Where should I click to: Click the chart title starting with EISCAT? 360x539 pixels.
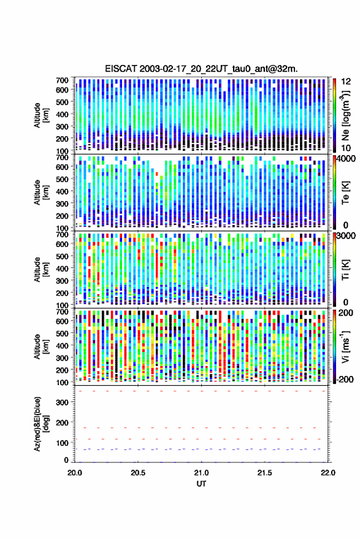[x=201, y=69]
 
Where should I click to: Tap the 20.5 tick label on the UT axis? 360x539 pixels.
[x=138, y=473]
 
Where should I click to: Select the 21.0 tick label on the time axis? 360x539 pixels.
[x=201, y=473]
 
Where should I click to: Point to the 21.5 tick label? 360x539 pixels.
[x=264, y=473]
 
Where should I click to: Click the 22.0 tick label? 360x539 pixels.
[x=327, y=473]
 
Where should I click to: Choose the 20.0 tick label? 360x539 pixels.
[x=75, y=473]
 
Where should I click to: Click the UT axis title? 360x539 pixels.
[x=201, y=484]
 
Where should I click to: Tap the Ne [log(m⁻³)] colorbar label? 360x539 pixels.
[x=345, y=115]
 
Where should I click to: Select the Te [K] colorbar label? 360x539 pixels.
[x=345, y=193]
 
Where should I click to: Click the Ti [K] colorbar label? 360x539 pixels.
[x=345, y=270]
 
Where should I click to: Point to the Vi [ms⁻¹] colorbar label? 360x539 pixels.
[x=345, y=346]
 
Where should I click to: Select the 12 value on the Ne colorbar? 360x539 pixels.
[x=347, y=82]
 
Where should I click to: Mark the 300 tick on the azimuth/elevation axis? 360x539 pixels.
[x=62, y=402]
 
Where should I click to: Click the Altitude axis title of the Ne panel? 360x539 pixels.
[x=41, y=115]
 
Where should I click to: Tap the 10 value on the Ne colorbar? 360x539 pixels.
[x=347, y=148]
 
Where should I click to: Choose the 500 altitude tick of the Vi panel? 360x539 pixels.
[x=62, y=333]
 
